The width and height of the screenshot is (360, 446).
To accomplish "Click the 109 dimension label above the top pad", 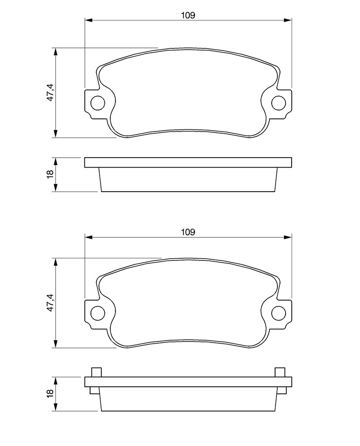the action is [188, 15].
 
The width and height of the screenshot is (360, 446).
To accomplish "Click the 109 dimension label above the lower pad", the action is [188, 232].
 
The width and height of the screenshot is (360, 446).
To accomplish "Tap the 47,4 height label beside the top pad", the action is [50, 92].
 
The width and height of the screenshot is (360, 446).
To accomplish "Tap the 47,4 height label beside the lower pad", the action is [50, 303].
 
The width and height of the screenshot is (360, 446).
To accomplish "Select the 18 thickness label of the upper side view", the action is [50, 174].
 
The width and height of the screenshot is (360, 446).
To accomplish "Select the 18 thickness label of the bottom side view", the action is [50, 393].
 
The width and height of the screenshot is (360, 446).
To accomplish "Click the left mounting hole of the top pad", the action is [98, 103].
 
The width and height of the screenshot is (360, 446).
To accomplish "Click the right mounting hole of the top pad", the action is [279, 103].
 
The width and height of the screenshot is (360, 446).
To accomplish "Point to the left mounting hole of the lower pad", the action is [98, 313].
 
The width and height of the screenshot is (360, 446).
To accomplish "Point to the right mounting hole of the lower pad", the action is [279, 313].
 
